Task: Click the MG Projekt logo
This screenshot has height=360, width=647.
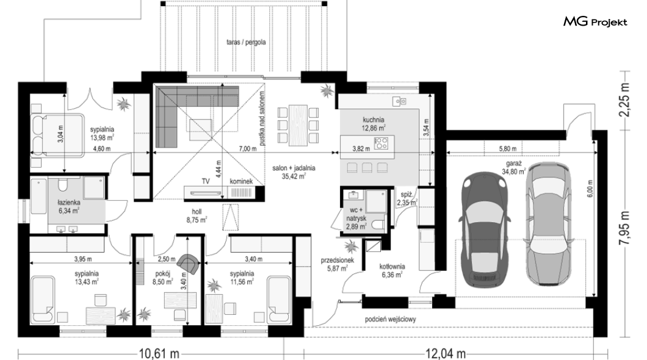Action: (x=595, y=21)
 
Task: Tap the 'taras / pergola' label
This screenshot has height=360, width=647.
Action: (x=246, y=42)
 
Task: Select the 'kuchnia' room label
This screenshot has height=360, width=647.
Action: (x=374, y=120)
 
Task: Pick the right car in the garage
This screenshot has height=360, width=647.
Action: (x=549, y=223)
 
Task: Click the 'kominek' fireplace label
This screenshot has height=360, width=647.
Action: (x=241, y=181)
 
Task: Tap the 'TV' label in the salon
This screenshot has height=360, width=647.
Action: (x=206, y=181)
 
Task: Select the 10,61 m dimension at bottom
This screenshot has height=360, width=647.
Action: (x=159, y=353)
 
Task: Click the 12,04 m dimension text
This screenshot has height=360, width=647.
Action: (x=446, y=353)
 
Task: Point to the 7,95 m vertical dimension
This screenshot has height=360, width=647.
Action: (x=624, y=228)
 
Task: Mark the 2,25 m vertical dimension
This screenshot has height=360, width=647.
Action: (x=624, y=100)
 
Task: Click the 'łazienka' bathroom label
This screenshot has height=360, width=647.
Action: (x=69, y=203)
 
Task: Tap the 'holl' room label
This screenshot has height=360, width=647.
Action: (x=197, y=212)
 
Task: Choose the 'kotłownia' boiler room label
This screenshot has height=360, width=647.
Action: (x=392, y=267)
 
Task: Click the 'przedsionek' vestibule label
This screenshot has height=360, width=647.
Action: (x=338, y=261)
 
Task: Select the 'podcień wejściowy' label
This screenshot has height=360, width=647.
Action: (x=391, y=319)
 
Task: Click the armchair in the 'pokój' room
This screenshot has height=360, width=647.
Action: (x=188, y=264)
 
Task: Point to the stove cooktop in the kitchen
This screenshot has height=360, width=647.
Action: (x=381, y=143)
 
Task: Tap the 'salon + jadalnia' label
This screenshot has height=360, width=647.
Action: (x=294, y=168)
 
